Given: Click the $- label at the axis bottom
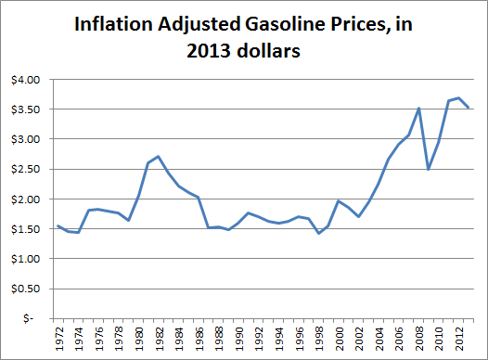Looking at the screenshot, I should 32,318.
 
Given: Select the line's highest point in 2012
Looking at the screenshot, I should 458,97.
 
